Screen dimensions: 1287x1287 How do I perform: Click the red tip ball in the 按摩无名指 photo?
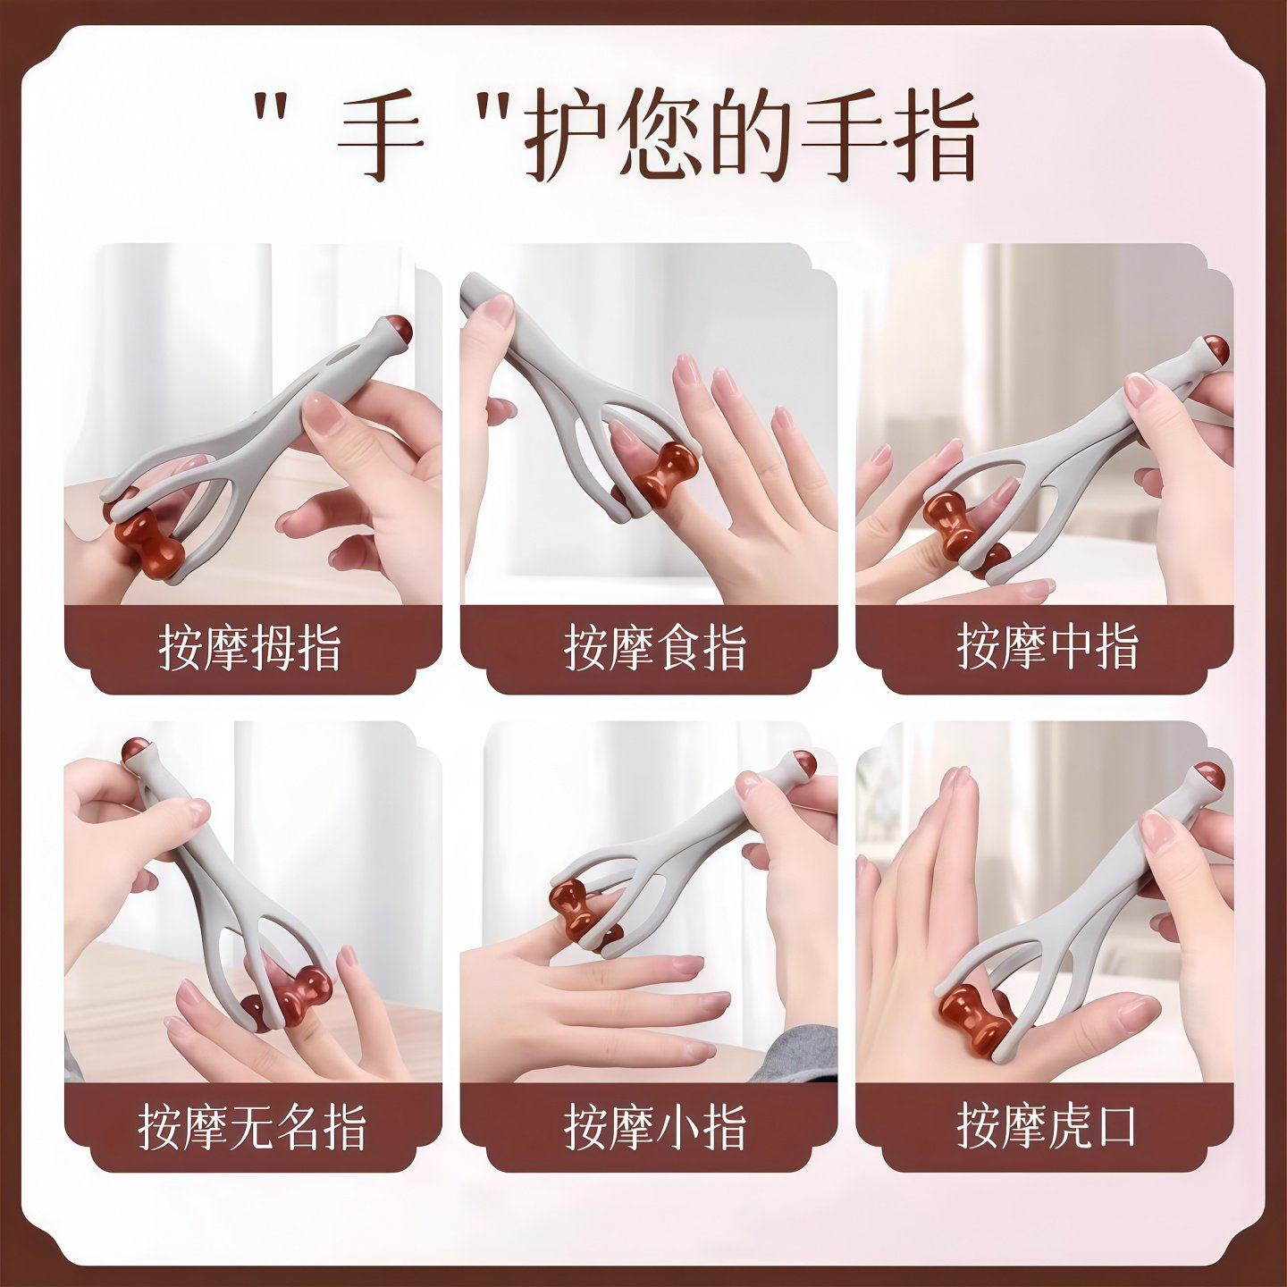click(x=135, y=749)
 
